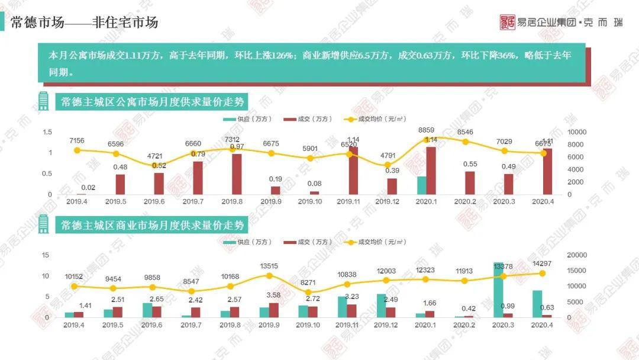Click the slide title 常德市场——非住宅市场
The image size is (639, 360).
[84, 22]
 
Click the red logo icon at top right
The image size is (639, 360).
[508, 22]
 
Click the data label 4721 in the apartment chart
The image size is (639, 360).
[154, 156]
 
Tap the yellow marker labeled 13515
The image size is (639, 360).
[270, 275]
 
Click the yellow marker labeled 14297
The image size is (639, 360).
[541, 273]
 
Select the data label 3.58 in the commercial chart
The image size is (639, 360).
[273, 295]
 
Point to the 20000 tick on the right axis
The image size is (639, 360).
[577, 255]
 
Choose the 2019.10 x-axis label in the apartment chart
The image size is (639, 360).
[311, 202]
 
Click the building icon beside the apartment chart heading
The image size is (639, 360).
[43, 101]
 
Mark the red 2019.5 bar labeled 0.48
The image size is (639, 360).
[120, 184]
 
